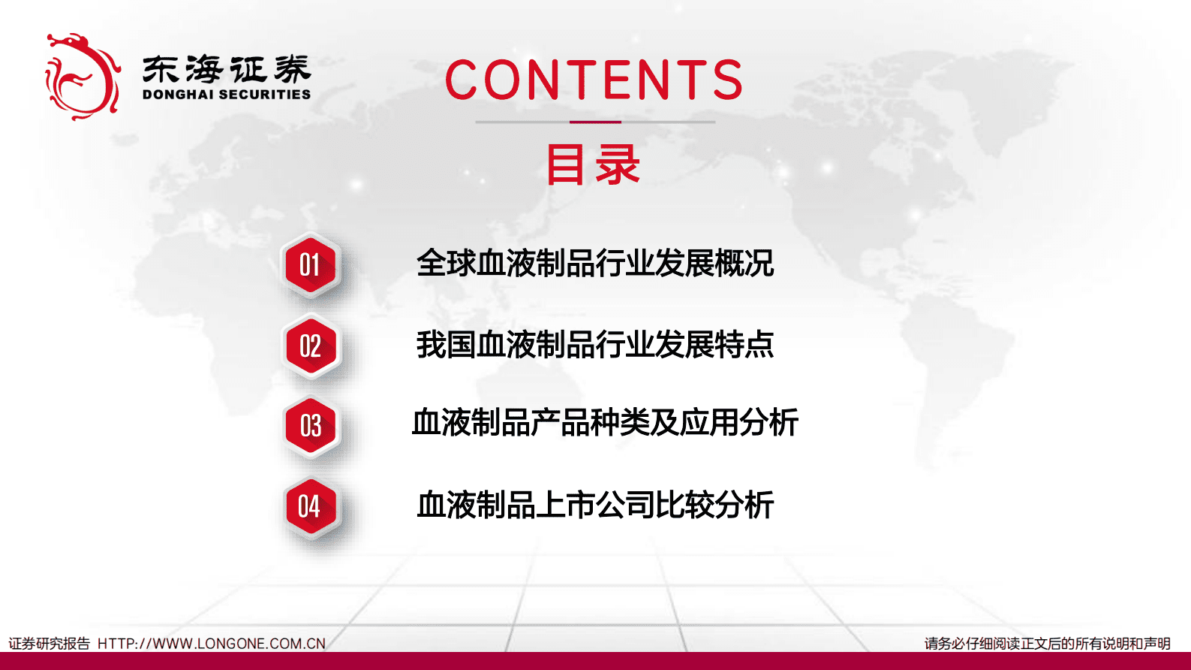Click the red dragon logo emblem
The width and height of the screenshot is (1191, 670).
(x=82, y=76)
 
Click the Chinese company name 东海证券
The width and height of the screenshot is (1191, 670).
(x=226, y=70)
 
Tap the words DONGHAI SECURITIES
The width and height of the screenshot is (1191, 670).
(x=226, y=95)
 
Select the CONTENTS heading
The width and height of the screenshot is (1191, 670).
(x=594, y=80)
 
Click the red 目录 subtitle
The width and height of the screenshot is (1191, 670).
(x=593, y=165)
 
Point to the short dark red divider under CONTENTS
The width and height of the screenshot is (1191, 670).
(x=595, y=122)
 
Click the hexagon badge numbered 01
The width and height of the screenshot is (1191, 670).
(x=310, y=265)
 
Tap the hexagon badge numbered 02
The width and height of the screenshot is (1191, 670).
(x=310, y=346)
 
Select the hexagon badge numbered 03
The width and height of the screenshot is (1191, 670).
(x=310, y=426)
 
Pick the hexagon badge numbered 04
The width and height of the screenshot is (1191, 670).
(x=310, y=507)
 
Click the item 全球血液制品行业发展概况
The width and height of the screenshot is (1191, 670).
(x=594, y=264)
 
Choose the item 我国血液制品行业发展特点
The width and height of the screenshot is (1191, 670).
(x=594, y=345)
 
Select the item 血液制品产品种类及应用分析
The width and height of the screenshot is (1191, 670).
(x=605, y=423)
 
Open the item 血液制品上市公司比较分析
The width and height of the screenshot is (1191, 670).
(x=594, y=505)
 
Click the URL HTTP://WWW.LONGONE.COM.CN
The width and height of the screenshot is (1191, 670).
(x=212, y=644)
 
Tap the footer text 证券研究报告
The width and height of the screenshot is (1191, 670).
(x=49, y=644)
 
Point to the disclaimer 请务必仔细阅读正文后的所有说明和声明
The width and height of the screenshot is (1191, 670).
(x=1047, y=644)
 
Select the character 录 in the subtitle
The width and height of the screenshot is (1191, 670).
(x=618, y=165)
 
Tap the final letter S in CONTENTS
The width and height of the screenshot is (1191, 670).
(x=727, y=80)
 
